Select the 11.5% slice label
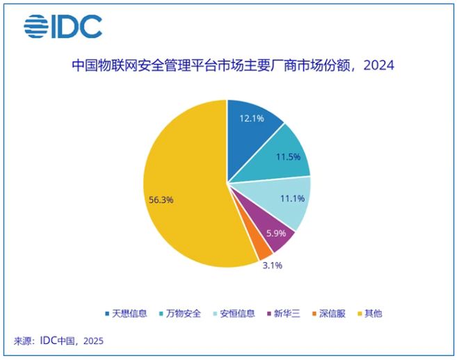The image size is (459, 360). pyautogui.click(x=287, y=157)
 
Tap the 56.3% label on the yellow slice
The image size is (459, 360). pyautogui.click(x=161, y=199)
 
